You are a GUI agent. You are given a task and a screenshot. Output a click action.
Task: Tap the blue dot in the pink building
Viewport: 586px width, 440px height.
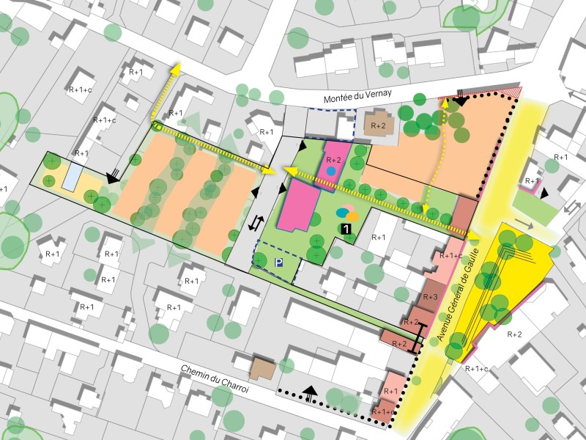pos(331,170)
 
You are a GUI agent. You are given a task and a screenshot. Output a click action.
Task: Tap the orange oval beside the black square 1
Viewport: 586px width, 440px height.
pos(352,217)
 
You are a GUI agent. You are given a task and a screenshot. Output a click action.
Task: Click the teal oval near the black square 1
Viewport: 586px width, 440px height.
pos(342,213)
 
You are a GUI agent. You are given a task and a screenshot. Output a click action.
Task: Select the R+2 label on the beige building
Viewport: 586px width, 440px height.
pos(379,126)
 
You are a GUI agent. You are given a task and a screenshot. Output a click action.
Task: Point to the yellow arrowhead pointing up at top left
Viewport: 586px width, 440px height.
pos(177,69)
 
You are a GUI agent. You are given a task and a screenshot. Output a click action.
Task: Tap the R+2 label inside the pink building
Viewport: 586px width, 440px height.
pos(333,159)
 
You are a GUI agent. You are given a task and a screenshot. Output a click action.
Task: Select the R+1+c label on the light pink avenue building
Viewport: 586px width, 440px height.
pos(451,256)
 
